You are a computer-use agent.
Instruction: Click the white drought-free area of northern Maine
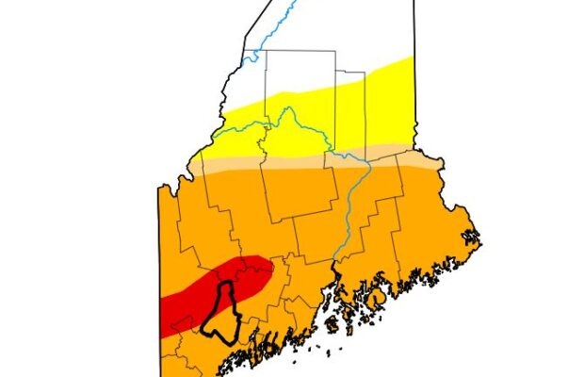point(320,38)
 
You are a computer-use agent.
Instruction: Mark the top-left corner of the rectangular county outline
point(267,51)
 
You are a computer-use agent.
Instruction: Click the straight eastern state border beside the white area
point(414,38)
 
